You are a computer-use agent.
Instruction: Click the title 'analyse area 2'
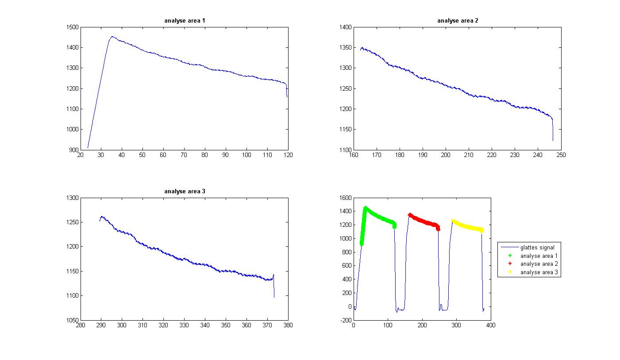pos(458,21)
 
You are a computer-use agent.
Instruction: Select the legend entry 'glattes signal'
pos(537,247)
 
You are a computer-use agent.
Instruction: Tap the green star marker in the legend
pos(510,256)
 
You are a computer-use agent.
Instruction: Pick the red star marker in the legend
pos(510,264)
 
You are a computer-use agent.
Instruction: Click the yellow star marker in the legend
pos(510,272)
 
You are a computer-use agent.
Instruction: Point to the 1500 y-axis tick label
pos(72,27)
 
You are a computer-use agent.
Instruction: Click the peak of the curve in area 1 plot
pos(112,37)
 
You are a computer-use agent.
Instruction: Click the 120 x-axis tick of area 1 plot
pos(288,155)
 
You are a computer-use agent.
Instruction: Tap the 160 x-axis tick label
pos(354,155)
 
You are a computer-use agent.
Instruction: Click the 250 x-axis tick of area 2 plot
pos(561,155)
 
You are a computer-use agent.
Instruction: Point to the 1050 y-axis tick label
pos(72,320)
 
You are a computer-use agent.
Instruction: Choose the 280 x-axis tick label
pos(80,326)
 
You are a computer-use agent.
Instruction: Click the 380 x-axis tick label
pos(288,326)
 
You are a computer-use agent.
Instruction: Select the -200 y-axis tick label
pos(345,320)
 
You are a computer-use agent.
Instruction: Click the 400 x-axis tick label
pos(491,326)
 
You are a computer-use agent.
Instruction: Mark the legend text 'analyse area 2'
pos(539,264)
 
